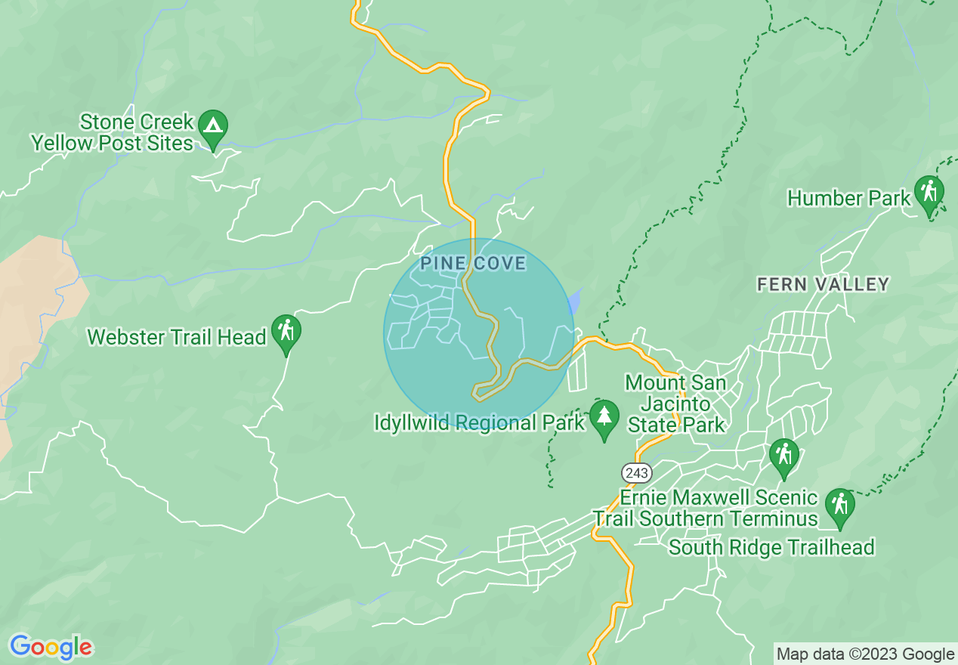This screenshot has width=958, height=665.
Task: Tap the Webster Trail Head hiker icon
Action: (x=286, y=332)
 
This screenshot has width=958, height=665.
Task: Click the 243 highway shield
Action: (x=637, y=472)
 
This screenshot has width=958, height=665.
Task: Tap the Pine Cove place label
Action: (x=473, y=264)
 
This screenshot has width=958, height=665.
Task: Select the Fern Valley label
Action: (x=823, y=284)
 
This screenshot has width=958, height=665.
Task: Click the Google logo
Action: (x=51, y=647)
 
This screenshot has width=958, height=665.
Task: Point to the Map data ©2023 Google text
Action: (x=866, y=654)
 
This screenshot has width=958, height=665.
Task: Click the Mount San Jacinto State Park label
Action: (x=675, y=404)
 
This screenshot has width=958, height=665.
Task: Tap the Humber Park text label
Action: (x=848, y=199)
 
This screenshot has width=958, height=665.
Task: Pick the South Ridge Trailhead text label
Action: (x=771, y=547)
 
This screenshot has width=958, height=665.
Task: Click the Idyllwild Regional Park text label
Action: (x=479, y=422)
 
